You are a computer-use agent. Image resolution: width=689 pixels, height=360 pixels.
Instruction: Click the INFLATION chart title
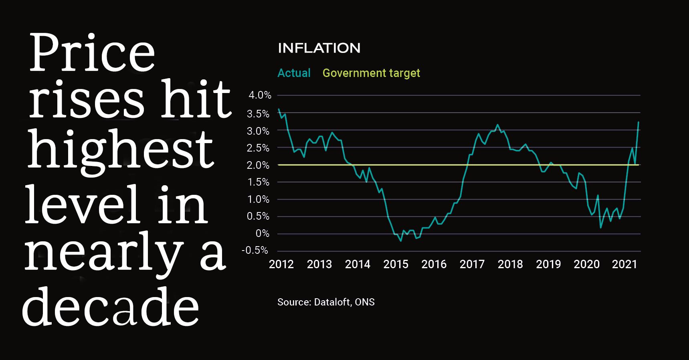pyautogui.click(x=319, y=48)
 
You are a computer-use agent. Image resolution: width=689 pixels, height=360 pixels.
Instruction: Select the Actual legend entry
pyautogui.click(x=294, y=73)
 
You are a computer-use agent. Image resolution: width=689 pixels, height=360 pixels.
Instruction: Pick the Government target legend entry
pyautogui.click(x=371, y=73)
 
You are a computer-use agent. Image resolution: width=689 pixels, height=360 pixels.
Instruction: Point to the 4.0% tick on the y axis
pyautogui.click(x=260, y=95)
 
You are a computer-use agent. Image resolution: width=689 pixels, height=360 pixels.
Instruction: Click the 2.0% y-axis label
pyautogui.click(x=258, y=165)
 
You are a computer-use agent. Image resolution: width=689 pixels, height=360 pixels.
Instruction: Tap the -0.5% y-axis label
pyautogui.click(x=255, y=251)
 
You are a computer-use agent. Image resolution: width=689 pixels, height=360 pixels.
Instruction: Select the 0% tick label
pyautogui.click(x=263, y=233)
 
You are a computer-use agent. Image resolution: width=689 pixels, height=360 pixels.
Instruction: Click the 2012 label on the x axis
pyautogui.click(x=281, y=264)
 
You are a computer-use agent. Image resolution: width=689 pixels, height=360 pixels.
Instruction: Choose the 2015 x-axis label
pyautogui.click(x=396, y=264)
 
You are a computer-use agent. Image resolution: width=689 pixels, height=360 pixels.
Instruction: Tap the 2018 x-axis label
pyautogui.click(x=510, y=264)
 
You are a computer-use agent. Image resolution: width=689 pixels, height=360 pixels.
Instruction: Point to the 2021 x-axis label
pyautogui.click(x=624, y=264)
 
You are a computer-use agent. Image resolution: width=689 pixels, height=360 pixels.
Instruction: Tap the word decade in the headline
pyautogui.click(x=110, y=306)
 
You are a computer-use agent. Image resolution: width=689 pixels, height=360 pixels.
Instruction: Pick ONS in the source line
pyautogui.click(x=365, y=302)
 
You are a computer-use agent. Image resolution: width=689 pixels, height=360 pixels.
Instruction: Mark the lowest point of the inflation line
pyautogui.click(x=401, y=241)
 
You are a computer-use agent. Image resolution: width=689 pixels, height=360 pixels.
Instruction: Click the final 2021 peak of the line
pyautogui.click(x=638, y=122)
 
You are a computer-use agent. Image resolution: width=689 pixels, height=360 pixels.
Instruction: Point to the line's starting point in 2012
pyautogui.click(x=279, y=109)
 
